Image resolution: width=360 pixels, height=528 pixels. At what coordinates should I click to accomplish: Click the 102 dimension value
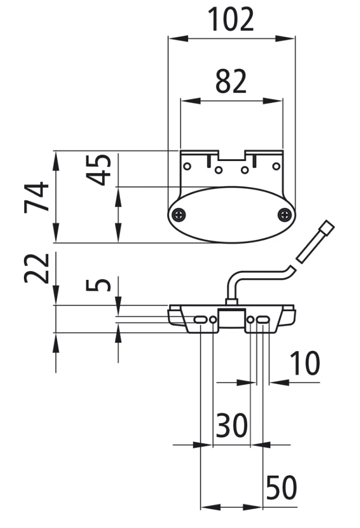coord(231,20)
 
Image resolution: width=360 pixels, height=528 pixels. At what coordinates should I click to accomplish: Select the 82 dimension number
coord(231,82)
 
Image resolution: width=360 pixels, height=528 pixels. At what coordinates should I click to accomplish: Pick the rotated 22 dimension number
coord(37,268)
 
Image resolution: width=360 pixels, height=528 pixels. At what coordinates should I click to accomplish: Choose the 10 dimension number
coord(304,363)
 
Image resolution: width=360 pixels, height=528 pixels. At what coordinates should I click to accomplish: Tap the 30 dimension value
coord(232,425)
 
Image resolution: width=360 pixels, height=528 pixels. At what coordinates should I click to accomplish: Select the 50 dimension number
coord(281,487)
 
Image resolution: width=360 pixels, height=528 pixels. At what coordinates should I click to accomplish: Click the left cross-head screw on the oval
coord(178,214)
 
